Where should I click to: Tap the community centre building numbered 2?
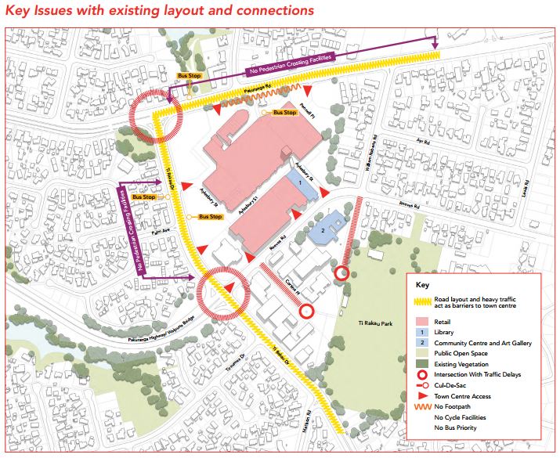[x=323, y=230]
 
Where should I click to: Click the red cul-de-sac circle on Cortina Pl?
[x=307, y=312]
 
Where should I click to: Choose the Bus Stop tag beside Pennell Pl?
[x=285, y=114]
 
